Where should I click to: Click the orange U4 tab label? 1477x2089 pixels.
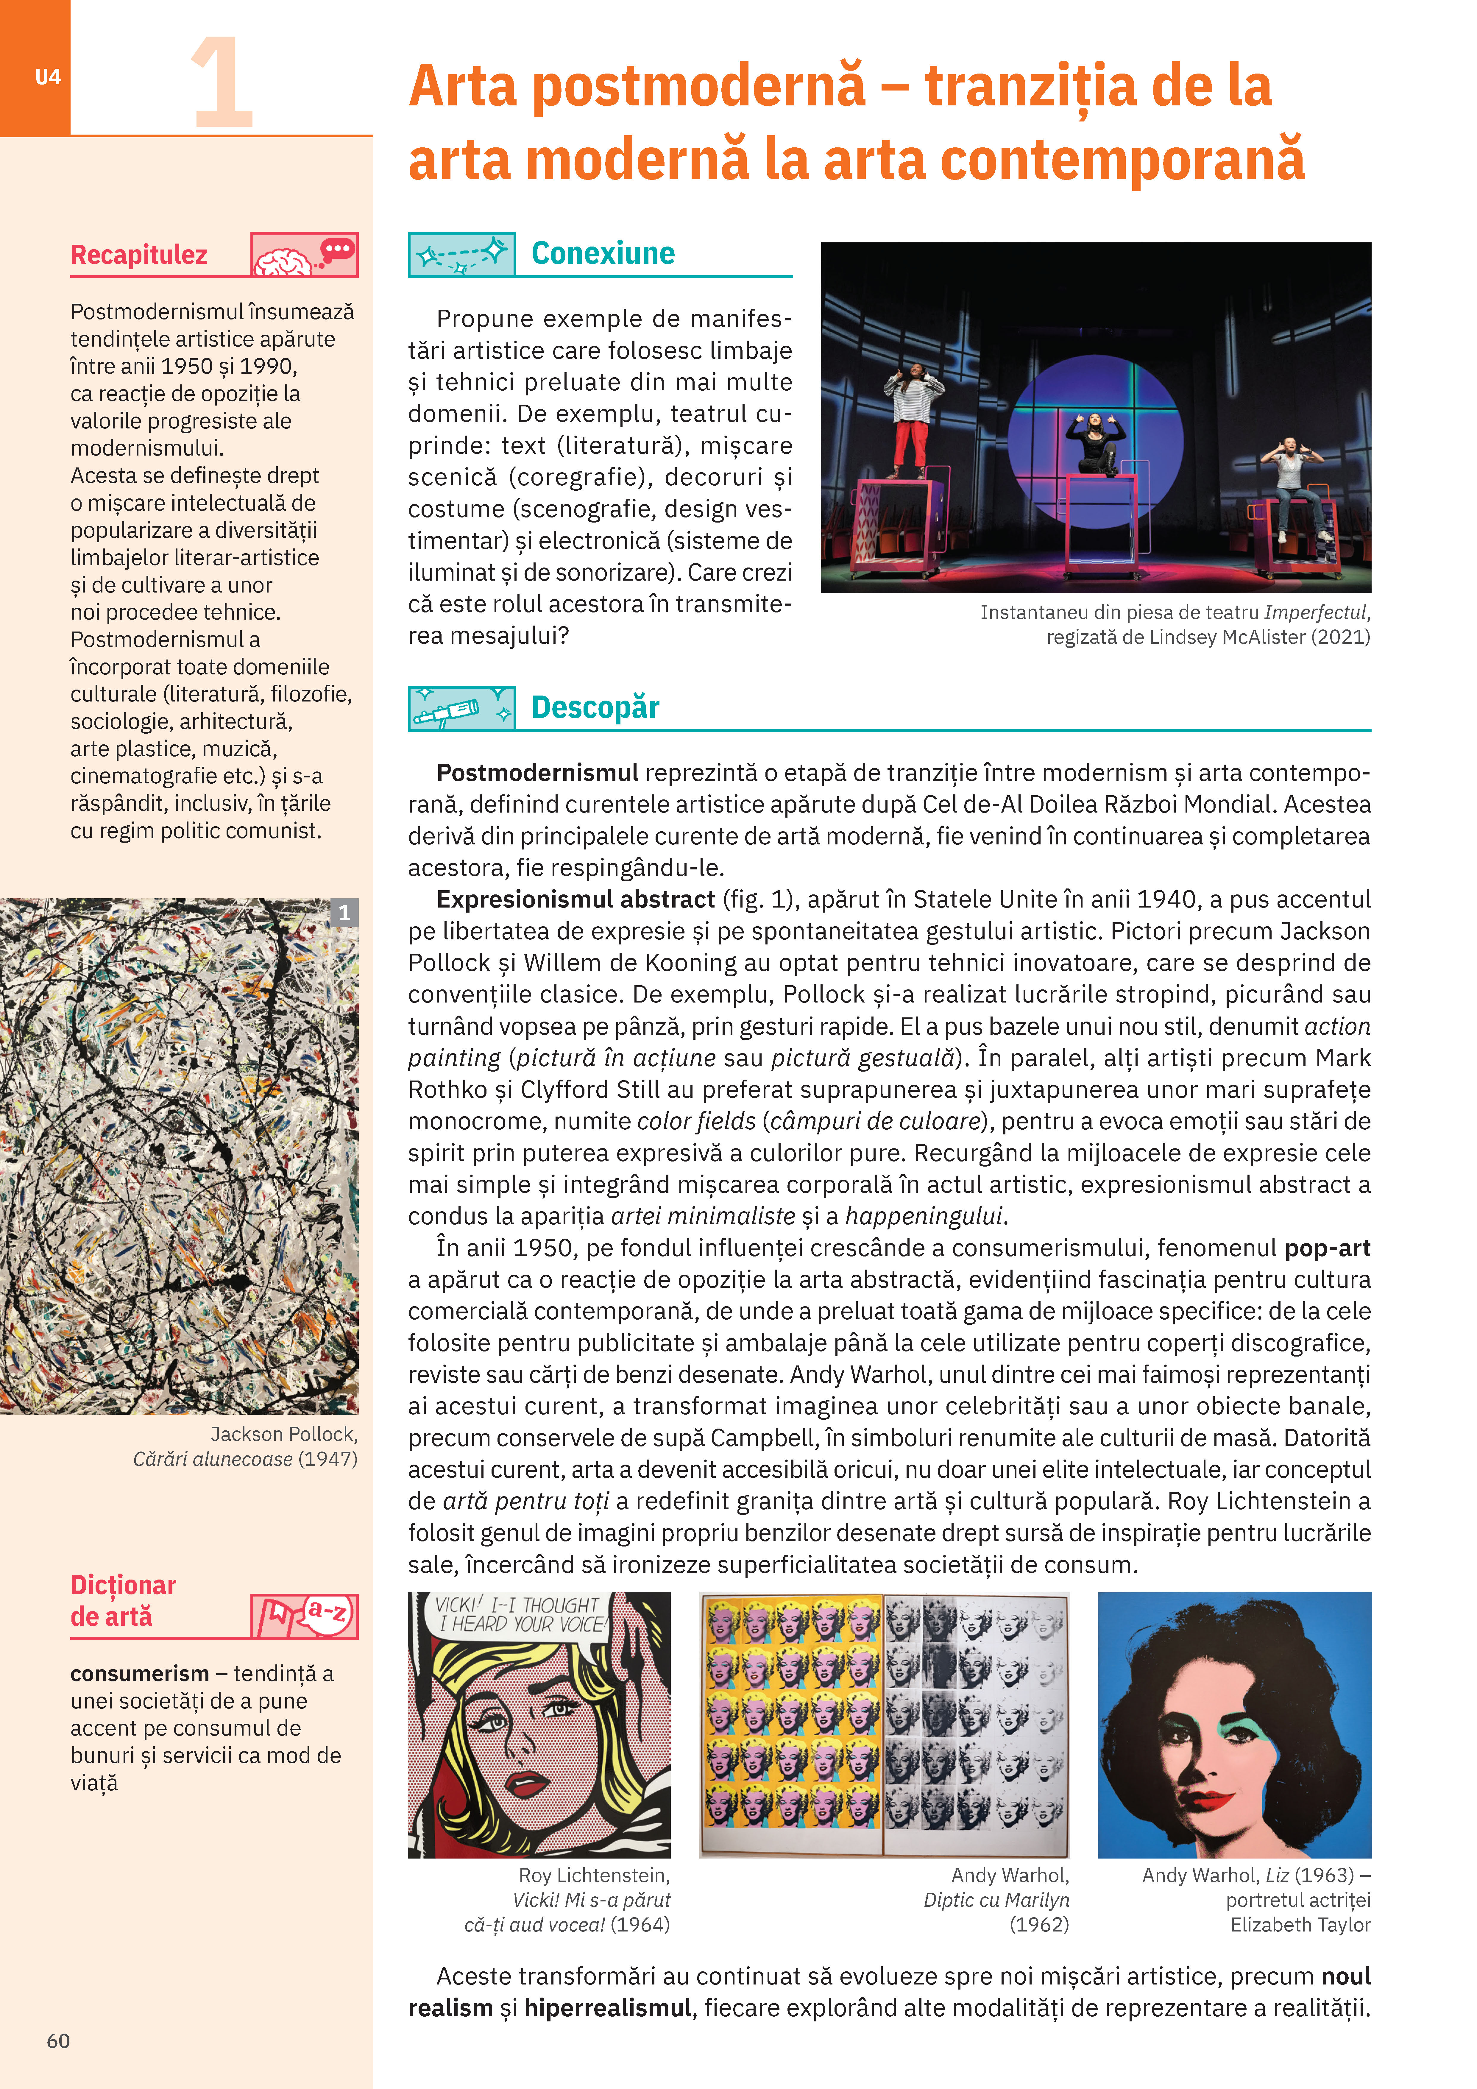[x=47, y=77]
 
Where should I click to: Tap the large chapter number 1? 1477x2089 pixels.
[x=221, y=84]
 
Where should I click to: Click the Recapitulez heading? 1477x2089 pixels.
[x=139, y=255]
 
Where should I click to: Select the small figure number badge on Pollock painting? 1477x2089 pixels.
[x=344, y=913]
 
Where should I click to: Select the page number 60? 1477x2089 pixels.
[x=58, y=2041]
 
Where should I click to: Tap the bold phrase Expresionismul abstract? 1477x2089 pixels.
[x=575, y=900]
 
